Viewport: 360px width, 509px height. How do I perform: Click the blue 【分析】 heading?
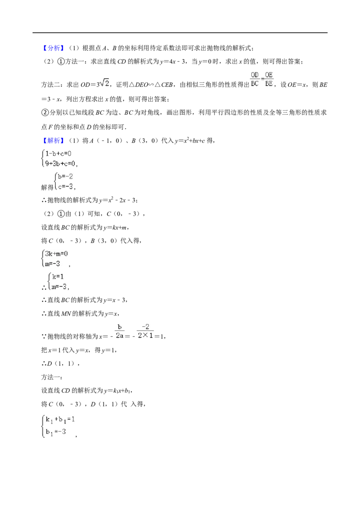point(52,49)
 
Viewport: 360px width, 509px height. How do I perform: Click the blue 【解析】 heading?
point(52,141)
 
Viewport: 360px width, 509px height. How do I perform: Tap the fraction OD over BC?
point(255,79)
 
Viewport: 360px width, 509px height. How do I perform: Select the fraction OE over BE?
point(269,79)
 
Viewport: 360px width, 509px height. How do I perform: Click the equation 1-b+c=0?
point(58,153)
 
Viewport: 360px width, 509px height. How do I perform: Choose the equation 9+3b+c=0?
point(60,164)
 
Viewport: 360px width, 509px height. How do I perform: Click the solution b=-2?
point(65,177)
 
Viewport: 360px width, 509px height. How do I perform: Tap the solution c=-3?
point(65,187)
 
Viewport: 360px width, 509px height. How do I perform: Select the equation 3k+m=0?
point(56,254)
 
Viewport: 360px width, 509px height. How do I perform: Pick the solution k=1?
point(58,277)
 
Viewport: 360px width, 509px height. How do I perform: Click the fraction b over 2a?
point(120,331)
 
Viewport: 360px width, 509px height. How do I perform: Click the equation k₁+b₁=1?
point(60,420)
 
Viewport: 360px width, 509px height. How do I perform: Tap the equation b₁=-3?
point(56,432)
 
